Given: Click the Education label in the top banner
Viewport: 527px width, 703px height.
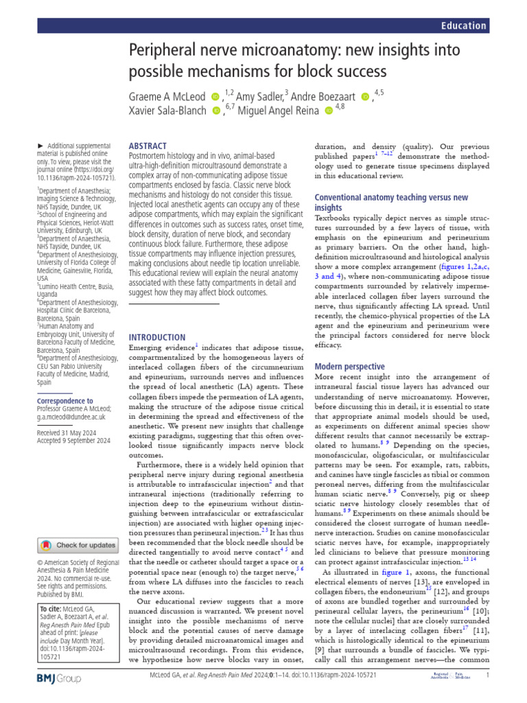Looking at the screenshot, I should tap(464, 26).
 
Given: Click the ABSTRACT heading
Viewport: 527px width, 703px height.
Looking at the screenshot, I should tap(148, 146).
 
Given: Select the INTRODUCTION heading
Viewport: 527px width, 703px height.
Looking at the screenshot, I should tap(157, 337).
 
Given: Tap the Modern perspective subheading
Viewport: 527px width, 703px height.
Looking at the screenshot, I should tap(349, 367).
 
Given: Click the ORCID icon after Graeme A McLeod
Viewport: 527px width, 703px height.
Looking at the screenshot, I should tap(215, 97).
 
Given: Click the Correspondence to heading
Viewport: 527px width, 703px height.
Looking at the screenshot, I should tap(65, 400).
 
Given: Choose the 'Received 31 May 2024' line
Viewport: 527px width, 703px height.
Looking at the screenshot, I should tap(72, 433).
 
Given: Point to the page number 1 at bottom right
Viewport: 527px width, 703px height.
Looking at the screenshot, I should tap(487, 695).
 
